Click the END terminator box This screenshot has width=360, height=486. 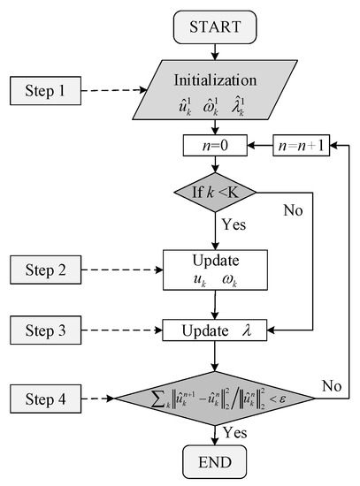pyautogui.click(x=214, y=462)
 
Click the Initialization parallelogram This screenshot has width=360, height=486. pyautogui.click(x=214, y=89)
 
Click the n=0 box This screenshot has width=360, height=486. pyautogui.click(x=214, y=145)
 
